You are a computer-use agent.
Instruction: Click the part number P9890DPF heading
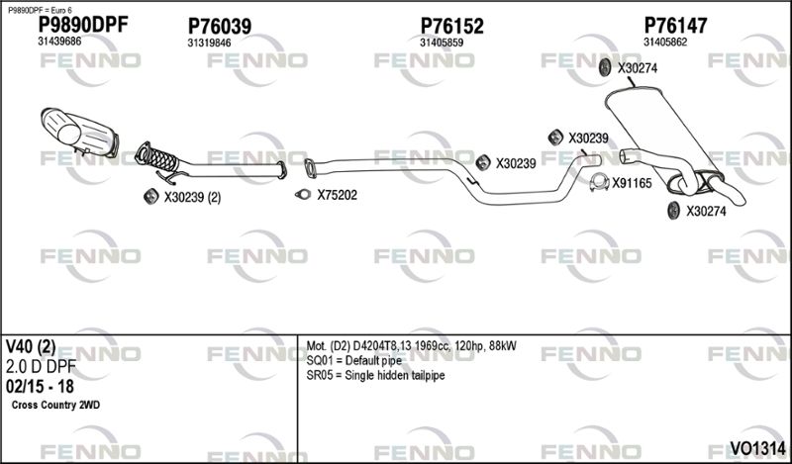(x=83, y=24)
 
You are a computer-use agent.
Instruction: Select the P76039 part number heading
(x=219, y=26)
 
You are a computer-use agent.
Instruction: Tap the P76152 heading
(x=452, y=26)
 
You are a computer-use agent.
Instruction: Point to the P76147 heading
(x=675, y=26)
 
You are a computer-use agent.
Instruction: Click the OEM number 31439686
(x=59, y=42)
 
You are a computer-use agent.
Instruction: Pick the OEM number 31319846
(x=209, y=43)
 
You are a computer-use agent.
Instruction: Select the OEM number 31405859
(x=442, y=43)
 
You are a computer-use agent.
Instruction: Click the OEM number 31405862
(x=665, y=43)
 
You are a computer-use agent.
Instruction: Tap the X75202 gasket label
(x=337, y=195)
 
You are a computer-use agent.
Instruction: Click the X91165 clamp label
(x=632, y=183)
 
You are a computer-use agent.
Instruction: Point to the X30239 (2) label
(x=192, y=198)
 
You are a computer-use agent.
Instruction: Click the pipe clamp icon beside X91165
(x=600, y=183)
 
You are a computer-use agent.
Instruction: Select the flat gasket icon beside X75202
(x=303, y=194)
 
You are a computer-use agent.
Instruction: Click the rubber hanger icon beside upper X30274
(x=604, y=67)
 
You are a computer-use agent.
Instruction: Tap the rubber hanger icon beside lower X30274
(x=673, y=211)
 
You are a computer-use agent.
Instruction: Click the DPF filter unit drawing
(x=79, y=133)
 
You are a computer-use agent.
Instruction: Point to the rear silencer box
(x=663, y=138)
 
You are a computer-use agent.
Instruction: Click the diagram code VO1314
(x=757, y=448)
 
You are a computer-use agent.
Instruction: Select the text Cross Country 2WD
(x=55, y=405)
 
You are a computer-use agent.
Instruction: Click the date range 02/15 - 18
(x=40, y=386)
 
